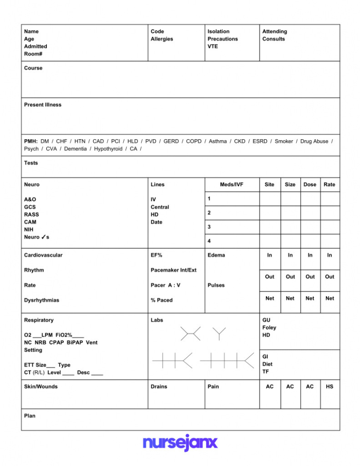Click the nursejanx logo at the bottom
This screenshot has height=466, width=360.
pos(180,443)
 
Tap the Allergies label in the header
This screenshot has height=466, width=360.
pos(162,39)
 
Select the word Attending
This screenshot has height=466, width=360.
pos(275,31)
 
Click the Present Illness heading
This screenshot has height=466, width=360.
pos(43,105)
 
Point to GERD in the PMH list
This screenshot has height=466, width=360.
pos(171,141)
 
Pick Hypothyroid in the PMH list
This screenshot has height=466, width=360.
pos(107,149)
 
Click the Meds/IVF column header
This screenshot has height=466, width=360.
pos(232,184)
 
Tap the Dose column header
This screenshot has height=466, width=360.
pos(310,184)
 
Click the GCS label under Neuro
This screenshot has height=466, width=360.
pos(30,207)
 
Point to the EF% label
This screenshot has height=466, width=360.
pos(157,255)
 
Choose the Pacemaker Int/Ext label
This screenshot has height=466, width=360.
pos(173,270)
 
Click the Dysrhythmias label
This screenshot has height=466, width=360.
pos(42,300)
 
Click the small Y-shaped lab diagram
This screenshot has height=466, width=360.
pos(219,333)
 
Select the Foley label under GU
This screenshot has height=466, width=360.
pos(270,328)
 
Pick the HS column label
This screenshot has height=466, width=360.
pos(330,386)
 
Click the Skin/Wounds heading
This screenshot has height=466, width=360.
pos(41,386)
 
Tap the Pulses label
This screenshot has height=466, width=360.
pos(216,285)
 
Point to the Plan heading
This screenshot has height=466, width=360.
pos(30,415)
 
